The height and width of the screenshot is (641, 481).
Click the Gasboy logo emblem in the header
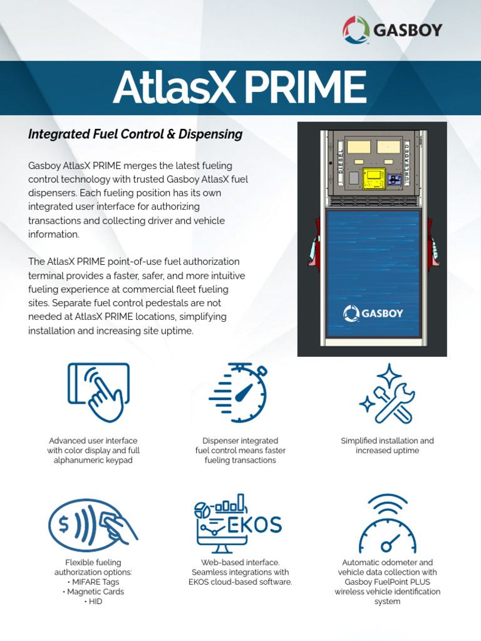coord(357,30)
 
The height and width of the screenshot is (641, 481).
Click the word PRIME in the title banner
coord(304,88)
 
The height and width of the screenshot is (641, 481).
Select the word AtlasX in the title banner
coord(173,88)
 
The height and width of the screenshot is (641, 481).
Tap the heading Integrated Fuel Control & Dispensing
coord(135,134)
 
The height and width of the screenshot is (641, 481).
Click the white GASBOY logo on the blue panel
coord(373,313)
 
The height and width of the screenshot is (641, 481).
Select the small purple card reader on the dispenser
coord(395,180)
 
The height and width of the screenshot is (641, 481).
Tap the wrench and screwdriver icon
coord(387,393)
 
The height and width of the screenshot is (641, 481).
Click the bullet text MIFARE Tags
coord(95,582)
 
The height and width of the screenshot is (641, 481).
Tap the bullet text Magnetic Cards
coord(95,592)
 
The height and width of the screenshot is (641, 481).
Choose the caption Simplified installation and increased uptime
coord(387,446)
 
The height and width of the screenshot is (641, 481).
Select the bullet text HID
coord(95,601)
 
